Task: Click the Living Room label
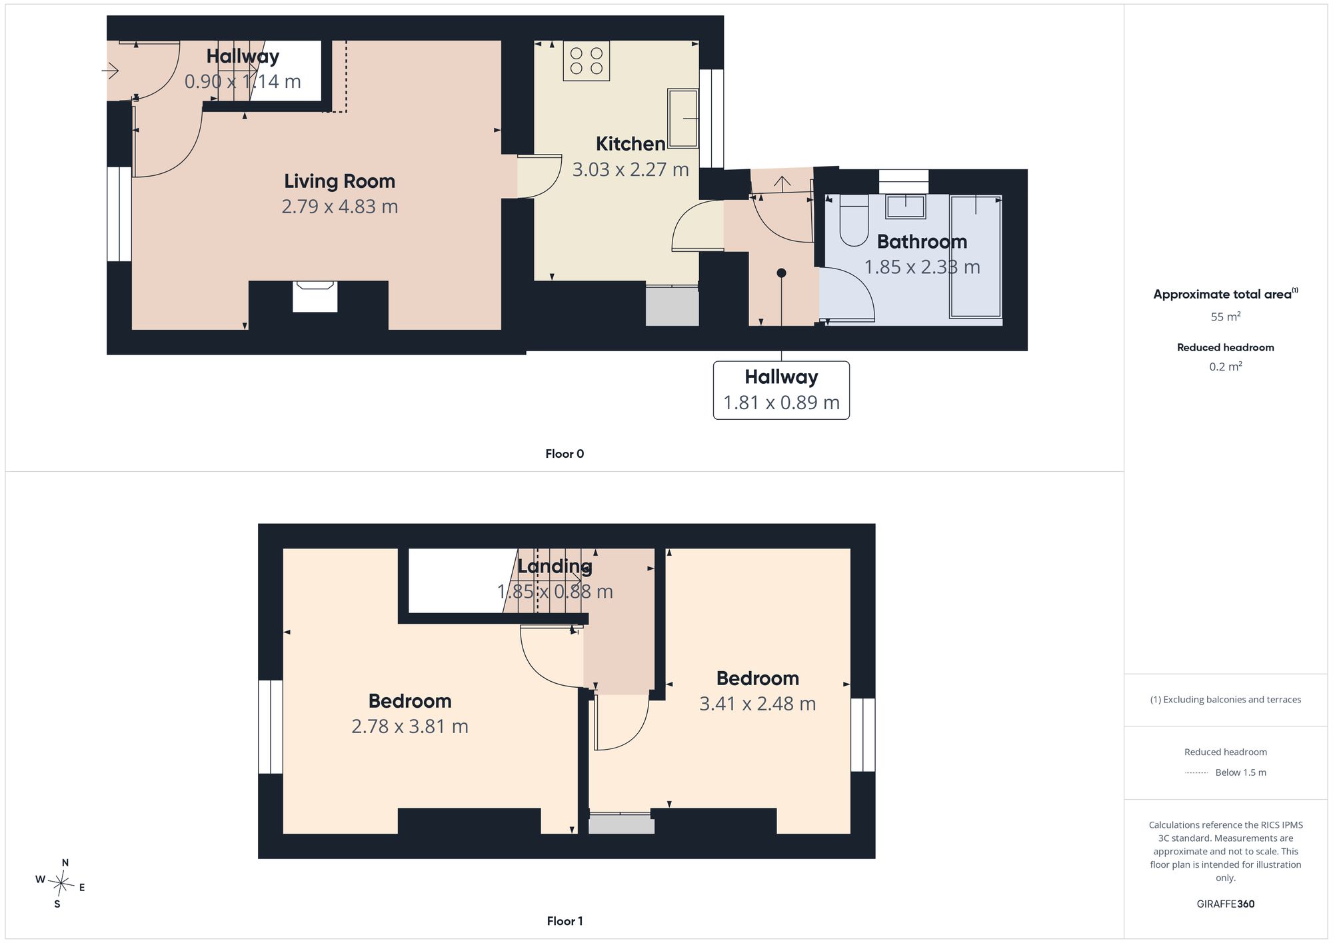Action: [x=339, y=181]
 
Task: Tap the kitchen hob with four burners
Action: [x=587, y=61]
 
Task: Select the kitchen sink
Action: [x=682, y=118]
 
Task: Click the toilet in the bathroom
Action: [x=853, y=220]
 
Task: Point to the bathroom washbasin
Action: [x=905, y=207]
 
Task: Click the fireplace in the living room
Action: [x=315, y=297]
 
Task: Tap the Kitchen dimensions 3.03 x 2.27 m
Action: [x=631, y=169]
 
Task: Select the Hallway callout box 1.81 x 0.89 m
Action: [x=781, y=390]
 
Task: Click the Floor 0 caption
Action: [x=565, y=454]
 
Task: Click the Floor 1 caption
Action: [x=565, y=921]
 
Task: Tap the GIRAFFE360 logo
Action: [x=1226, y=904]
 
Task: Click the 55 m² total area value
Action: [x=1226, y=317]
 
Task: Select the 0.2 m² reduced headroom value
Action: [x=1226, y=367]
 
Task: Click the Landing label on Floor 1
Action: [x=555, y=566]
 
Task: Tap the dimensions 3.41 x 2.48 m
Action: [x=757, y=704]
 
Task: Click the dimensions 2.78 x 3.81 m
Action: [x=410, y=726]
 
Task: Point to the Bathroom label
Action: [x=922, y=241]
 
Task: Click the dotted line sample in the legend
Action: [x=1196, y=773]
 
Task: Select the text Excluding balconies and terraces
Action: [x=1232, y=700]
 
